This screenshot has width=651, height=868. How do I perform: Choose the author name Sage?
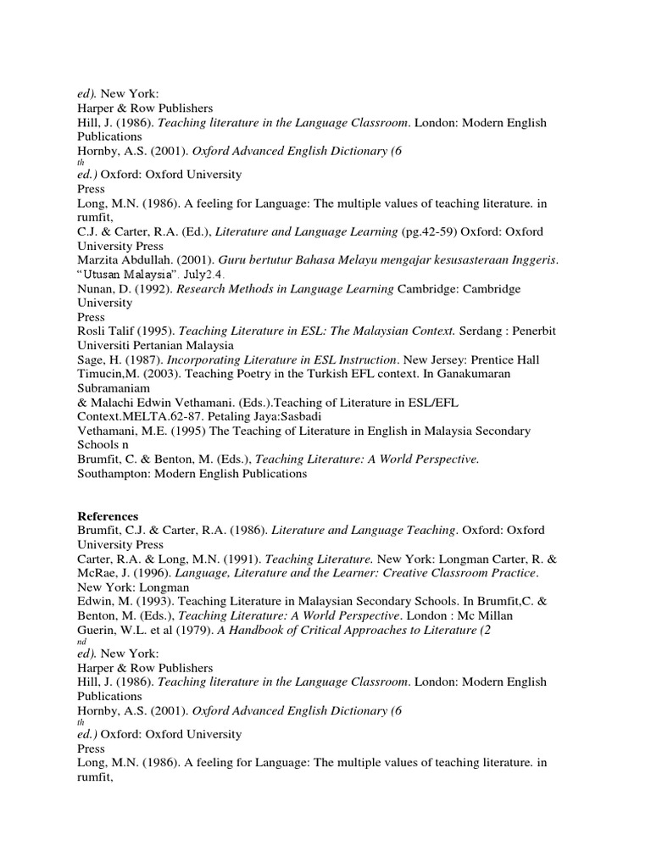point(91,360)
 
